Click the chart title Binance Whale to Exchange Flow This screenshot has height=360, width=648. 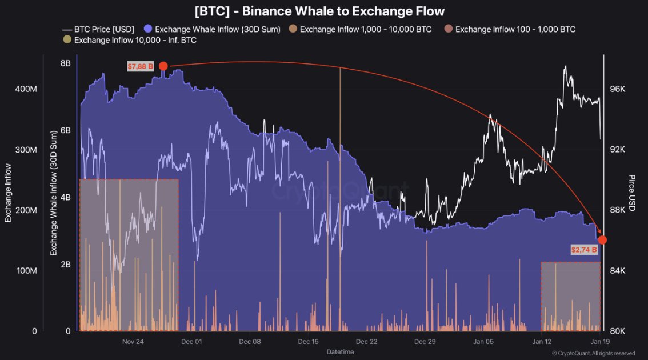319,11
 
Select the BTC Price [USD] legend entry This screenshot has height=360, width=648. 98,29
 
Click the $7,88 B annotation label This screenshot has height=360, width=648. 141,66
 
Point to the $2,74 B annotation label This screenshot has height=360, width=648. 584,250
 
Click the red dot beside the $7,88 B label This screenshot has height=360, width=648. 163,66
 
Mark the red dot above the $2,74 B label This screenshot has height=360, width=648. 602,240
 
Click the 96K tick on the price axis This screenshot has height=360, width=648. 618,89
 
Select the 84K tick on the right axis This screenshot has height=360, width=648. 618,270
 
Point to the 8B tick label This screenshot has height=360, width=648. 65,63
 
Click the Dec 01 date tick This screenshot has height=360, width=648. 191,341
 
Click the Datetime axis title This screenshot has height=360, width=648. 340,351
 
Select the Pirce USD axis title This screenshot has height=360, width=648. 631,193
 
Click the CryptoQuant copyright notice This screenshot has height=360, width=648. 593,353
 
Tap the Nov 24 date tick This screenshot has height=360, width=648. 133,341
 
